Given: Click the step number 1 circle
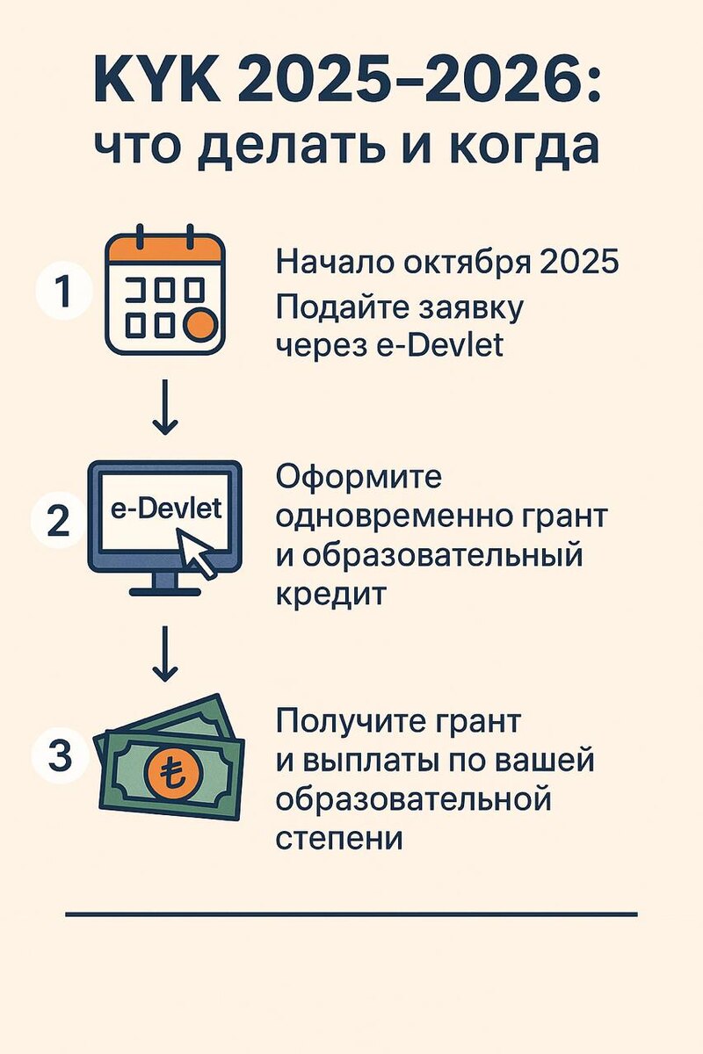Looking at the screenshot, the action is (x=62, y=292).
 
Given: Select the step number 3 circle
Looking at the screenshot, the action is (x=59, y=756).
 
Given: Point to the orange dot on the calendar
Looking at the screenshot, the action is (x=201, y=324).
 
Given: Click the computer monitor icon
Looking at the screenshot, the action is (x=164, y=525).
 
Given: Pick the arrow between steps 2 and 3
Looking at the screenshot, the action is (x=164, y=655).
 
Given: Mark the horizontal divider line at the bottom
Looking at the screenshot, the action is (x=351, y=914).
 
